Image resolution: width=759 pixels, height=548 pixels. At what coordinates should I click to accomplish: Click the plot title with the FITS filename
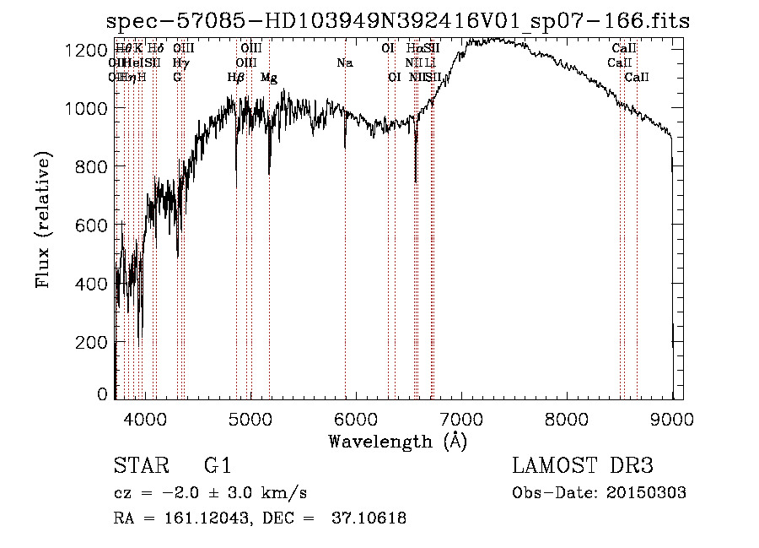click(399, 22)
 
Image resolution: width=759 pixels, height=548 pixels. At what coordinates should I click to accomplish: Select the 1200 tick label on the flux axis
click(88, 51)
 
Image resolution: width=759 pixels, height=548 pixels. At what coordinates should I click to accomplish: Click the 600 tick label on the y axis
click(93, 225)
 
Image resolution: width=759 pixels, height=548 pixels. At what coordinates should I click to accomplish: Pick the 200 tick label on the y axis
click(93, 342)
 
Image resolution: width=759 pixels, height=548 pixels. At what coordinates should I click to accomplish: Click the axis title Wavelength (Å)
click(397, 441)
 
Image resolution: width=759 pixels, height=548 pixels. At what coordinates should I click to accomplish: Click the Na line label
click(344, 63)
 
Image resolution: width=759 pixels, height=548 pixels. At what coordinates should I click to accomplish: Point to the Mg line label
click(269, 78)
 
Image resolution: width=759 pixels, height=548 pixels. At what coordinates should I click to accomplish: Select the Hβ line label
click(236, 78)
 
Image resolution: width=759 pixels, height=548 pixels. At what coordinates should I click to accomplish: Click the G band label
click(177, 78)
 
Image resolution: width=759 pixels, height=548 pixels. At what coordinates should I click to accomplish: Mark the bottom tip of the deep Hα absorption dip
click(415, 181)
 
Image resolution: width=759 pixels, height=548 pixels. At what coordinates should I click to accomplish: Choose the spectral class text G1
click(217, 467)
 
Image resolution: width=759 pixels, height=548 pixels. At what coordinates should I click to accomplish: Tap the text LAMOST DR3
click(583, 467)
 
